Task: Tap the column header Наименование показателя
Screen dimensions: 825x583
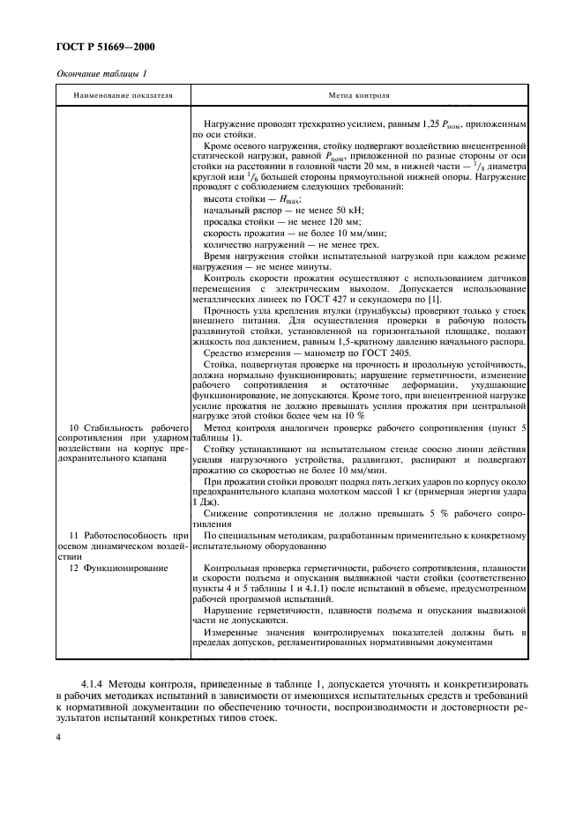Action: (123, 93)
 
